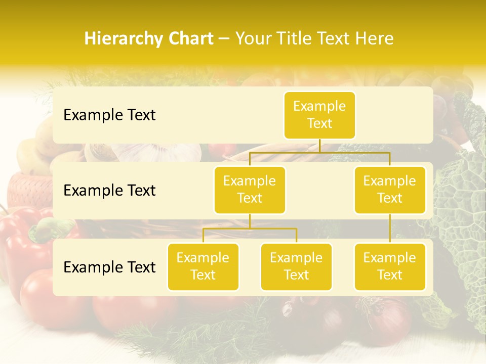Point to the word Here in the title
[x=375, y=39]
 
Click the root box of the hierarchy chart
[x=319, y=115]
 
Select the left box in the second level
[x=250, y=190]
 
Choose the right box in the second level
[x=390, y=190]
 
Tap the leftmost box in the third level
[x=203, y=266]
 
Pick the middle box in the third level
[x=296, y=266]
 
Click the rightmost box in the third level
[x=390, y=266]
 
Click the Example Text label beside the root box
[x=109, y=115]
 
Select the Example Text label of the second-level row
[x=109, y=190]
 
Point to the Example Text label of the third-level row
[x=109, y=267]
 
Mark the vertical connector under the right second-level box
[x=390, y=229]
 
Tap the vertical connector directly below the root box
[x=319, y=146]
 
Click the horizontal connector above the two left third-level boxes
[x=250, y=229]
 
